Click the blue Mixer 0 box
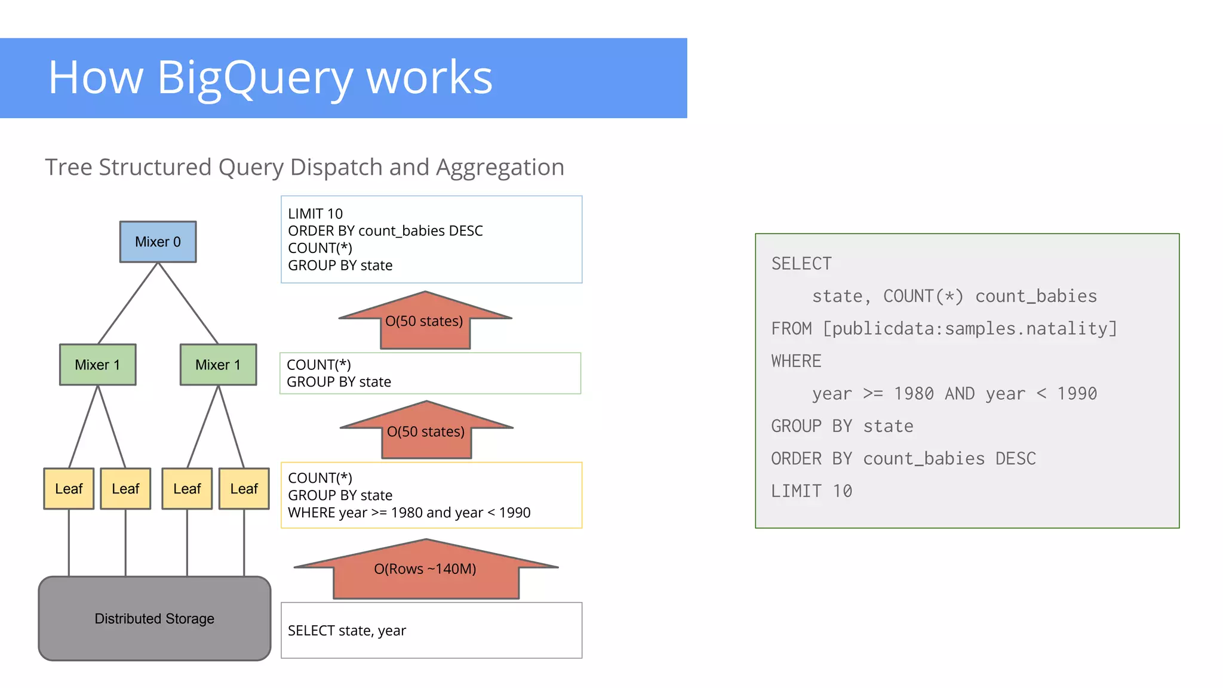pyautogui.click(x=158, y=242)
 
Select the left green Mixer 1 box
pyautogui.click(x=97, y=365)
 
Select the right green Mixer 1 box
pyautogui.click(x=218, y=365)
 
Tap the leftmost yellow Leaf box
pyautogui.click(x=69, y=489)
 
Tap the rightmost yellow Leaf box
pyautogui.click(x=244, y=489)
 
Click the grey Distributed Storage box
pyautogui.click(x=154, y=618)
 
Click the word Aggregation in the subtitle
pyautogui.click(x=499, y=168)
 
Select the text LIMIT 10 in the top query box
pyautogui.click(x=315, y=214)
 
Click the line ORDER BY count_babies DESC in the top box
pyautogui.click(x=385, y=231)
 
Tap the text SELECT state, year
pyautogui.click(x=346, y=631)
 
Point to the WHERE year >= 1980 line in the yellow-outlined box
pyautogui.click(x=409, y=513)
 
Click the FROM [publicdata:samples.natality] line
pyautogui.click(x=944, y=329)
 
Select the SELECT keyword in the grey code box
pyautogui.click(x=801, y=264)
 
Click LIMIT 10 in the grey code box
pyautogui.click(x=811, y=491)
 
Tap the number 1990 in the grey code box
pyautogui.click(x=1077, y=394)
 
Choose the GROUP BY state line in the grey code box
pyautogui.click(x=842, y=426)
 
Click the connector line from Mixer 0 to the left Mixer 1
pyautogui.click(x=128, y=303)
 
